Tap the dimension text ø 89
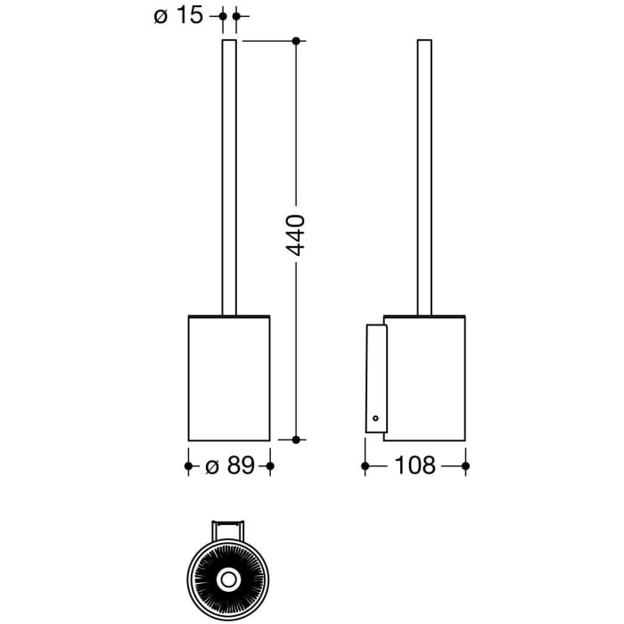coord(229,465)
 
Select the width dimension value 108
coord(415,465)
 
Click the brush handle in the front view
coord(229,178)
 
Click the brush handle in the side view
coord(424,178)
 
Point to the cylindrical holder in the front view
coord(229,378)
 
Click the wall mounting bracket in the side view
coord(375,379)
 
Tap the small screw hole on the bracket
coord(375,417)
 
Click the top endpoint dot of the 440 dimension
coord(297,40)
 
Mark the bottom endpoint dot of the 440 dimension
coord(297,439)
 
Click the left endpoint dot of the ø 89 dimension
coord(188,465)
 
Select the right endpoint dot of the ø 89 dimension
coord(270,465)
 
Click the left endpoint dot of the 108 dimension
coord(365,465)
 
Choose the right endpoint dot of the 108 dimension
coord(465,465)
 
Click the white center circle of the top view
coord(228,579)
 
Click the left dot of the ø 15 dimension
coord(222,16)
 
